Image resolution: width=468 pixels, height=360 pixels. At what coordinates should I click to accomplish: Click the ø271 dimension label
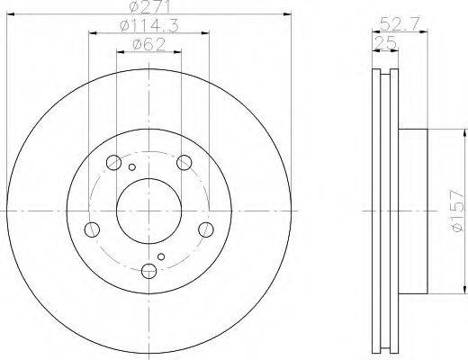149,6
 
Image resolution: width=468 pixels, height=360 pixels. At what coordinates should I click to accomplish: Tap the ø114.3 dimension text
149,25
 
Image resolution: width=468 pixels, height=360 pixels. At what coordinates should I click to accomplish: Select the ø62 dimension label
149,45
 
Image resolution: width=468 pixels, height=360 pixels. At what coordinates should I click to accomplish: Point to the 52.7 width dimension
400,24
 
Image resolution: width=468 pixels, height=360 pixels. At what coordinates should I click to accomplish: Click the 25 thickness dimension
385,43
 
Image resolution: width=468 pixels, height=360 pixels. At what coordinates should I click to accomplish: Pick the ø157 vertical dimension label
459,211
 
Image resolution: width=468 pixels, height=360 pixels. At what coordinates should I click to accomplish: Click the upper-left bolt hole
113,163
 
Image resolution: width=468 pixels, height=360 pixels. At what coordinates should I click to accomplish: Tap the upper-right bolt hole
184,163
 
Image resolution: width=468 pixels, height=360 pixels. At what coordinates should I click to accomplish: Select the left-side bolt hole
92,229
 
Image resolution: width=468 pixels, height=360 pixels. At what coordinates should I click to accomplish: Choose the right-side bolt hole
206,229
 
